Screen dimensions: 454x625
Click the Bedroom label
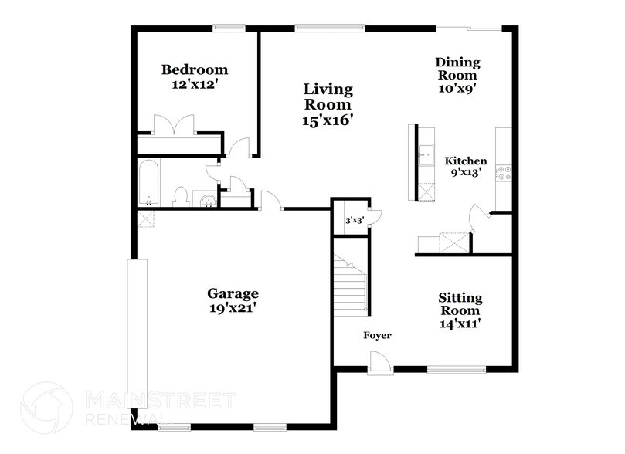pos(194,70)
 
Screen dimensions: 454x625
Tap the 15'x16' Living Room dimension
pos(328,120)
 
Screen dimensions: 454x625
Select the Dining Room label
pos(457,69)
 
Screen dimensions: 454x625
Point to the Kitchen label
pos(465,161)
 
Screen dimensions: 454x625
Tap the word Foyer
pos(378,336)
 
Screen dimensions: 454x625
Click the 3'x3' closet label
pos(354,221)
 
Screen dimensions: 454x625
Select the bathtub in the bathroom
pos(148,183)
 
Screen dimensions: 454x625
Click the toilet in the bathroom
pos(180,197)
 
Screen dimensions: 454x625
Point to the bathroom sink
pos(206,202)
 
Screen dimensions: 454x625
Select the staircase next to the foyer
pos(350,285)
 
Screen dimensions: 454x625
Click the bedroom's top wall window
pos(229,29)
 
